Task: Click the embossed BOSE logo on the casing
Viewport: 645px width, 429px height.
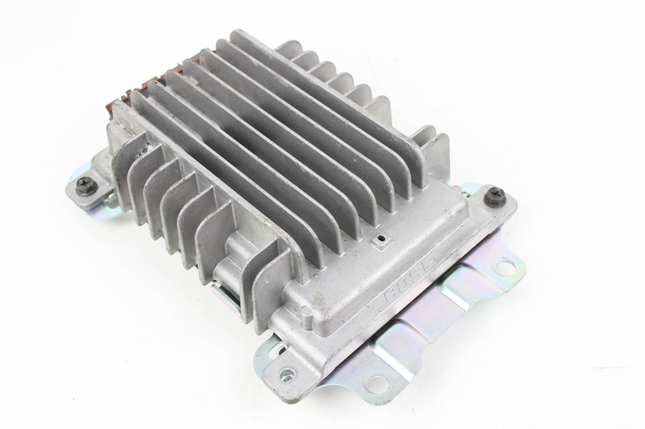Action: click(409, 280)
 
